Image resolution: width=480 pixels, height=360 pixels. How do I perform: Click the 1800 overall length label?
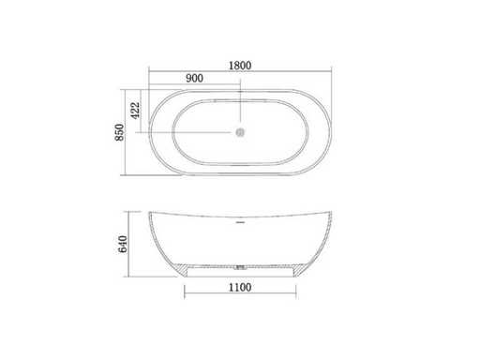pyautogui.click(x=240, y=66)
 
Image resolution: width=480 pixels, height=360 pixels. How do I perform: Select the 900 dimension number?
pyautogui.click(x=194, y=78)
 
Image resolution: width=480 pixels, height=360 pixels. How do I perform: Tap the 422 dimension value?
pyautogui.click(x=135, y=111)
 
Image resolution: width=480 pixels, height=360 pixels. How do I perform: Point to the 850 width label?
pyautogui.click(x=120, y=132)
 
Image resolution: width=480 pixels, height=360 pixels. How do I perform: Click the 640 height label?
pyautogui.click(x=123, y=244)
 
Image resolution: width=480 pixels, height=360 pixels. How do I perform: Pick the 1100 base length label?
pyautogui.click(x=240, y=287)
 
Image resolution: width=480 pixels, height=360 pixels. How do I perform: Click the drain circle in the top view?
pyautogui.click(x=240, y=132)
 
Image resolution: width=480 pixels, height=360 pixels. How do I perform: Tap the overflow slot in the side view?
pyautogui.click(x=240, y=222)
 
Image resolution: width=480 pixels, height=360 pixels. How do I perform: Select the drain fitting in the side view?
pyautogui.click(x=240, y=267)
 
